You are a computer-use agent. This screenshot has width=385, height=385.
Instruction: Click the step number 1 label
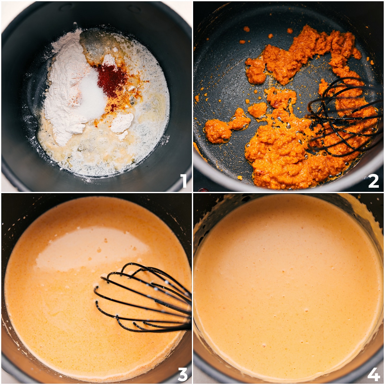pos(184,181)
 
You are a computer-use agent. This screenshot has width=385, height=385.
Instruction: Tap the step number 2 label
pos(373,181)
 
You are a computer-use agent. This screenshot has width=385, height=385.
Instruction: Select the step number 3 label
pos(183,374)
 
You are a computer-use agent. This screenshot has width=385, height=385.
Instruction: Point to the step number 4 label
pos(373,374)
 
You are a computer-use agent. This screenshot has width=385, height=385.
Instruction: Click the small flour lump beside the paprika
pos(122,124)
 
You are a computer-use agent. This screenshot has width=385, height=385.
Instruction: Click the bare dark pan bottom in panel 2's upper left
pos(221,64)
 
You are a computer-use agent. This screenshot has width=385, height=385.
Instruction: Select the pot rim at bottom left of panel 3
pos(13,359)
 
